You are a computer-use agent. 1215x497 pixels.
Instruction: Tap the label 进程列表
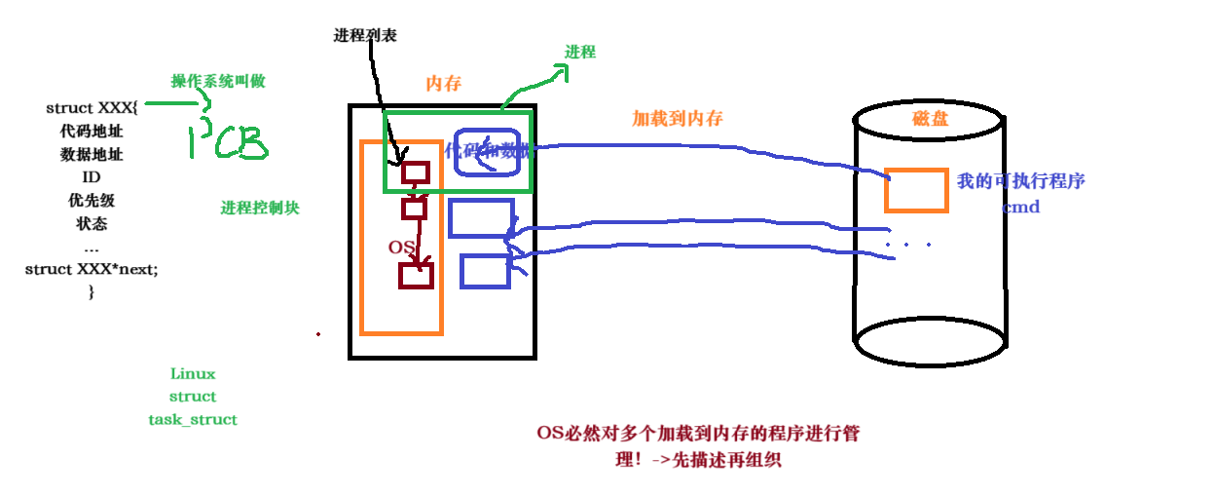tap(364, 35)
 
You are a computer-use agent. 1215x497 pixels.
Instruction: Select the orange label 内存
tap(444, 84)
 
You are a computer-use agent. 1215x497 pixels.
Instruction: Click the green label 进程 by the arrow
tap(580, 52)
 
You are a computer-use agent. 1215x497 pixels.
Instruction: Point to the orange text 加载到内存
tap(678, 118)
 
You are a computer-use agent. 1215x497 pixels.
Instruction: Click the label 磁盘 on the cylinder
tap(930, 119)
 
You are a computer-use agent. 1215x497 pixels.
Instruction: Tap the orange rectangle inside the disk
tap(916, 190)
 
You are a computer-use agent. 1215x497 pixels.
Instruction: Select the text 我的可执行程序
tap(1021, 181)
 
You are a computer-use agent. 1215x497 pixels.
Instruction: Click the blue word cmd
tap(1021, 207)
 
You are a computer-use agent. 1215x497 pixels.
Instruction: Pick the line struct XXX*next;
tap(92, 269)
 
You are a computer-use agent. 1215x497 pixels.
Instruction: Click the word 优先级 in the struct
tap(92, 200)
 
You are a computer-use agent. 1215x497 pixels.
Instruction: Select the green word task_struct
tap(193, 420)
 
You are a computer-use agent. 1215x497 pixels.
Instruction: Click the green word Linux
tap(193, 374)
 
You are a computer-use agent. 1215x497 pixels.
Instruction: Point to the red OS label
tap(402, 248)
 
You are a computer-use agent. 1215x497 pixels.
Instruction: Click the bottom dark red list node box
tap(416, 275)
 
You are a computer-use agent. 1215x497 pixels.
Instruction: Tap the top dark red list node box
tap(416, 172)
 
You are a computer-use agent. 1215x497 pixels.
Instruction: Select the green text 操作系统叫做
tap(218, 82)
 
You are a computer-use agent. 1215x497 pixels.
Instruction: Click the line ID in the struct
tap(92, 177)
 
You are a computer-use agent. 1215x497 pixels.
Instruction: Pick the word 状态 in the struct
tap(92, 223)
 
